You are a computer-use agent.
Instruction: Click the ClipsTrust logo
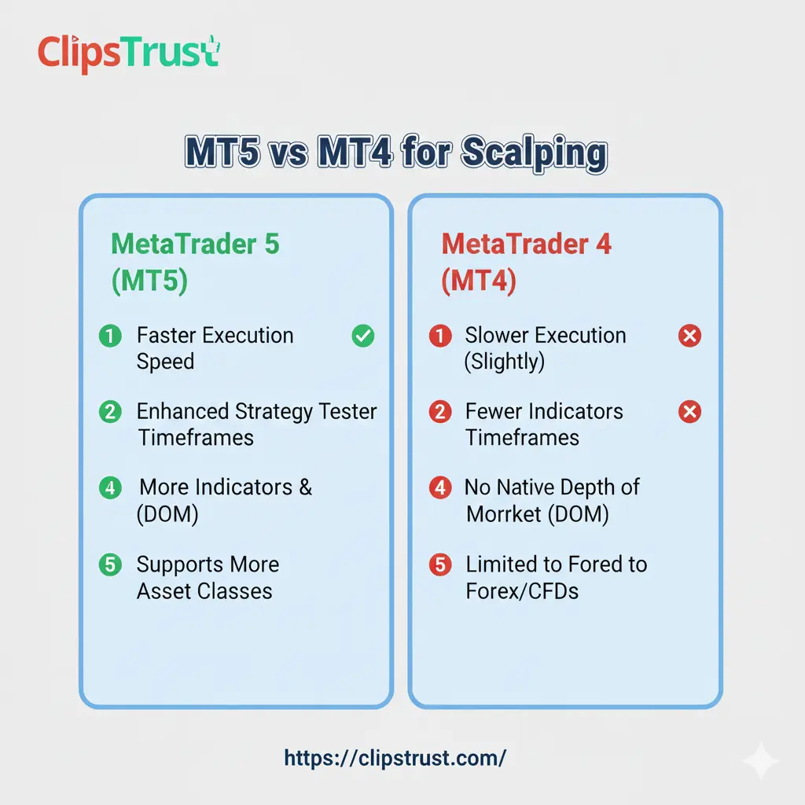coord(129,53)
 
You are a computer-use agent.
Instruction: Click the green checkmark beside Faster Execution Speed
coord(362,336)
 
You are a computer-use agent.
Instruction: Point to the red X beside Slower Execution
coord(689,336)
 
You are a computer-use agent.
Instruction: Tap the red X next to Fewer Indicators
coord(689,412)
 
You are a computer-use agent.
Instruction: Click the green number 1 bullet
coord(110,336)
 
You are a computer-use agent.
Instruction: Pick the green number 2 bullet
coord(110,412)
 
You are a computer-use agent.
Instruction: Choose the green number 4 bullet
coord(110,487)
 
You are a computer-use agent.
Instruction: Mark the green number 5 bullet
coord(110,564)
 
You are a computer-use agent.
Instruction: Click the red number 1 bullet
coord(439,336)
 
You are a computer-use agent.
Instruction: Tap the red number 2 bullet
coord(439,412)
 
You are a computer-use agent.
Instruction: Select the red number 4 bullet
coord(439,487)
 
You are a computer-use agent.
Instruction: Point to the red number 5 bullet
coord(439,564)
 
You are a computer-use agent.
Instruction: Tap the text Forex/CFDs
coord(522,591)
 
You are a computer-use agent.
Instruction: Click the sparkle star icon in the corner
coord(760,761)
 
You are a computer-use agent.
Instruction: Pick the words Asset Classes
coord(204,591)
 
